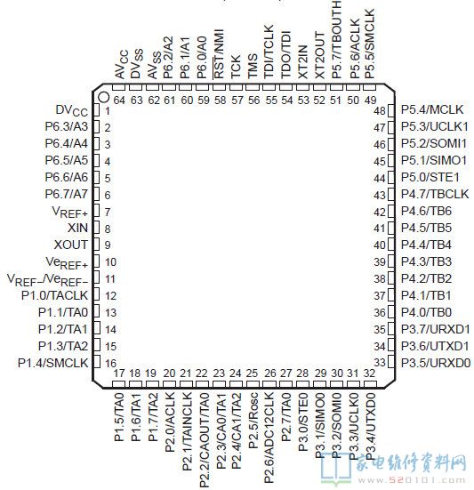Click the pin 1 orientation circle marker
[x=104, y=97]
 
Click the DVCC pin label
[x=72, y=111]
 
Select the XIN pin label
[x=78, y=228]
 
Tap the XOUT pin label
[x=71, y=245]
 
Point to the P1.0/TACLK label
[x=54, y=295]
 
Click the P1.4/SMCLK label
[x=53, y=363]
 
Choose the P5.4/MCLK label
[x=432, y=109]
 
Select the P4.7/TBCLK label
[x=435, y=194]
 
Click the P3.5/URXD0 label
[x=436, y=363]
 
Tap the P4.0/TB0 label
[x=427, y=312]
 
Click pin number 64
[x=119, y=100]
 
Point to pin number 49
[x=371, y=100]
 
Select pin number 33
[x=380, y=363]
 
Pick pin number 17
[x=119, y=374]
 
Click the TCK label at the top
[x=236, y=67]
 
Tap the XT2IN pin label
[x=303, y=62]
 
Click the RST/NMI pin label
[x=219, y=54]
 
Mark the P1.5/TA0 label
[x=120, y=417]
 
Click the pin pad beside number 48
[x=391, y=110]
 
